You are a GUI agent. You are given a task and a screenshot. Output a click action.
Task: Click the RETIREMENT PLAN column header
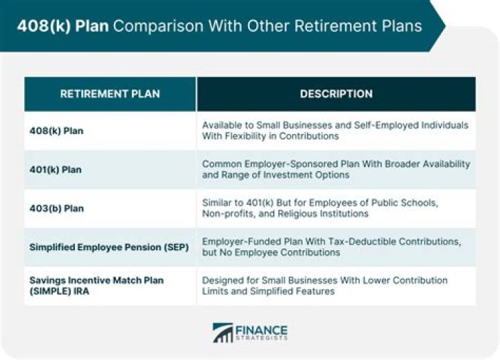point(110,94)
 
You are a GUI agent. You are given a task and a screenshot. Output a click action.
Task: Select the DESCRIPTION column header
point(336,94)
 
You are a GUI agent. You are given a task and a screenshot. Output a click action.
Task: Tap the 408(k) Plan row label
point(56,131)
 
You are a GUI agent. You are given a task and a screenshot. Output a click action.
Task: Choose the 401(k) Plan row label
point(56,170)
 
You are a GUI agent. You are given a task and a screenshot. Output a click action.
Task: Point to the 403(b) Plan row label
point(57,208)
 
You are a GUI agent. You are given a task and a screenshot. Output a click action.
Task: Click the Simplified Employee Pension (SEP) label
point(109,247)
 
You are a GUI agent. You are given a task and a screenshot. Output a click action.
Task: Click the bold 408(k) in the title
point(44,26)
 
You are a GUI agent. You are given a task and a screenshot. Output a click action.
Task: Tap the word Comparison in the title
point(158,26)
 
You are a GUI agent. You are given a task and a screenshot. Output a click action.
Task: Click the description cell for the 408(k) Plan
point(335,131)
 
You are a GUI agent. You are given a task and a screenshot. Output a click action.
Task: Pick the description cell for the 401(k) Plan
point(336,170)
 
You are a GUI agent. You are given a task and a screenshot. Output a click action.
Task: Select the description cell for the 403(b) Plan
point(320,208)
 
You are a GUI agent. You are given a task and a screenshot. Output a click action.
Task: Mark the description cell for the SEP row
point(332,247)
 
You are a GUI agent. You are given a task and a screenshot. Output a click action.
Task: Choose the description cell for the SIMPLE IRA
point(324,286)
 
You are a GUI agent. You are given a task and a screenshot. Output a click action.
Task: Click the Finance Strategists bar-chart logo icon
point(223,333)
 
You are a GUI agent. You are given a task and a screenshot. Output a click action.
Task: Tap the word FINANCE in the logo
point(262,330)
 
